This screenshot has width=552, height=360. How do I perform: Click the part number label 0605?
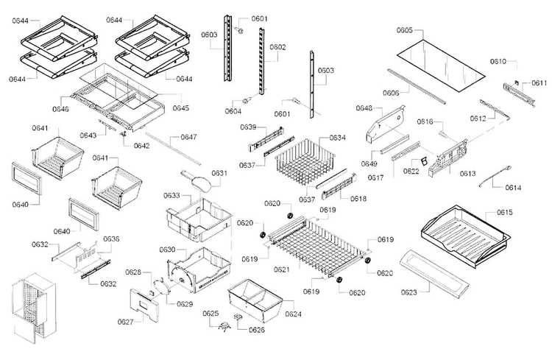point(405,30)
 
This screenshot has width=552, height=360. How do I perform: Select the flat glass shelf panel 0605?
point(441,66)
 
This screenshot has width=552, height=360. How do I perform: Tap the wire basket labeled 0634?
point(304,161)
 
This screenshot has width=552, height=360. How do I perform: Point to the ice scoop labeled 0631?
point(197,180)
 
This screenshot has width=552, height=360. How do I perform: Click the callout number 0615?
point(504,213)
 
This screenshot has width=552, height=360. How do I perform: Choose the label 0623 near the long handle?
point(408,292)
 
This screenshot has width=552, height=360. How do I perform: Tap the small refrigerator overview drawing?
point(33,308)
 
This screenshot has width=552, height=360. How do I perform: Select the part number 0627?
point(125,322)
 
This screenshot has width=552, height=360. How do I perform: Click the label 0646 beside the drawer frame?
point(60,109)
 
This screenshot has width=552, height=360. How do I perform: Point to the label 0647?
point(188,137)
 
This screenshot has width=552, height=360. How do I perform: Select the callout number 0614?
point(513,188)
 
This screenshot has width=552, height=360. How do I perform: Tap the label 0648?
point(364,108)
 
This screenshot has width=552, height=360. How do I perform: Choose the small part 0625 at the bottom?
point(223,327)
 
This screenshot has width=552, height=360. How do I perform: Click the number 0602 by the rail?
point(277,47)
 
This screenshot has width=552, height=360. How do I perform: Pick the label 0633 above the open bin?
point(171,196)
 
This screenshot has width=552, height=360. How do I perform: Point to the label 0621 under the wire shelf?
point(282,269)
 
